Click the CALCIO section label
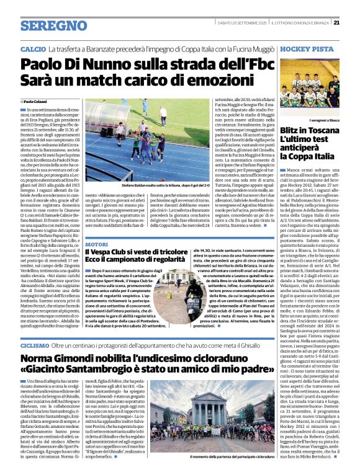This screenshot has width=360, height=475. pos(33,48)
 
